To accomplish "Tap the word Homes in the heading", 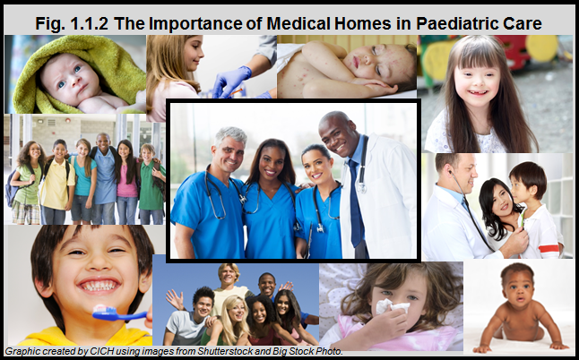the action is click(363, 23).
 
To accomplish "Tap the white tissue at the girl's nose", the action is click(392, 306).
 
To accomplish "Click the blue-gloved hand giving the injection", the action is click(229, 81).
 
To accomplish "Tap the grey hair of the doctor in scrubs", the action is click(231, 135).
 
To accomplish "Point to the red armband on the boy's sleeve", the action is click(549, 248).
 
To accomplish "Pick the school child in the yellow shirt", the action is click(57, 182).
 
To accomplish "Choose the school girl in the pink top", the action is click(126, 183).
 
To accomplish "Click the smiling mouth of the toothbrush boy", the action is click(99, 285).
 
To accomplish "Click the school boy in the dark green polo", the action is click(151, 184).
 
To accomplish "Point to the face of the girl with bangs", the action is click(476, 84).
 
